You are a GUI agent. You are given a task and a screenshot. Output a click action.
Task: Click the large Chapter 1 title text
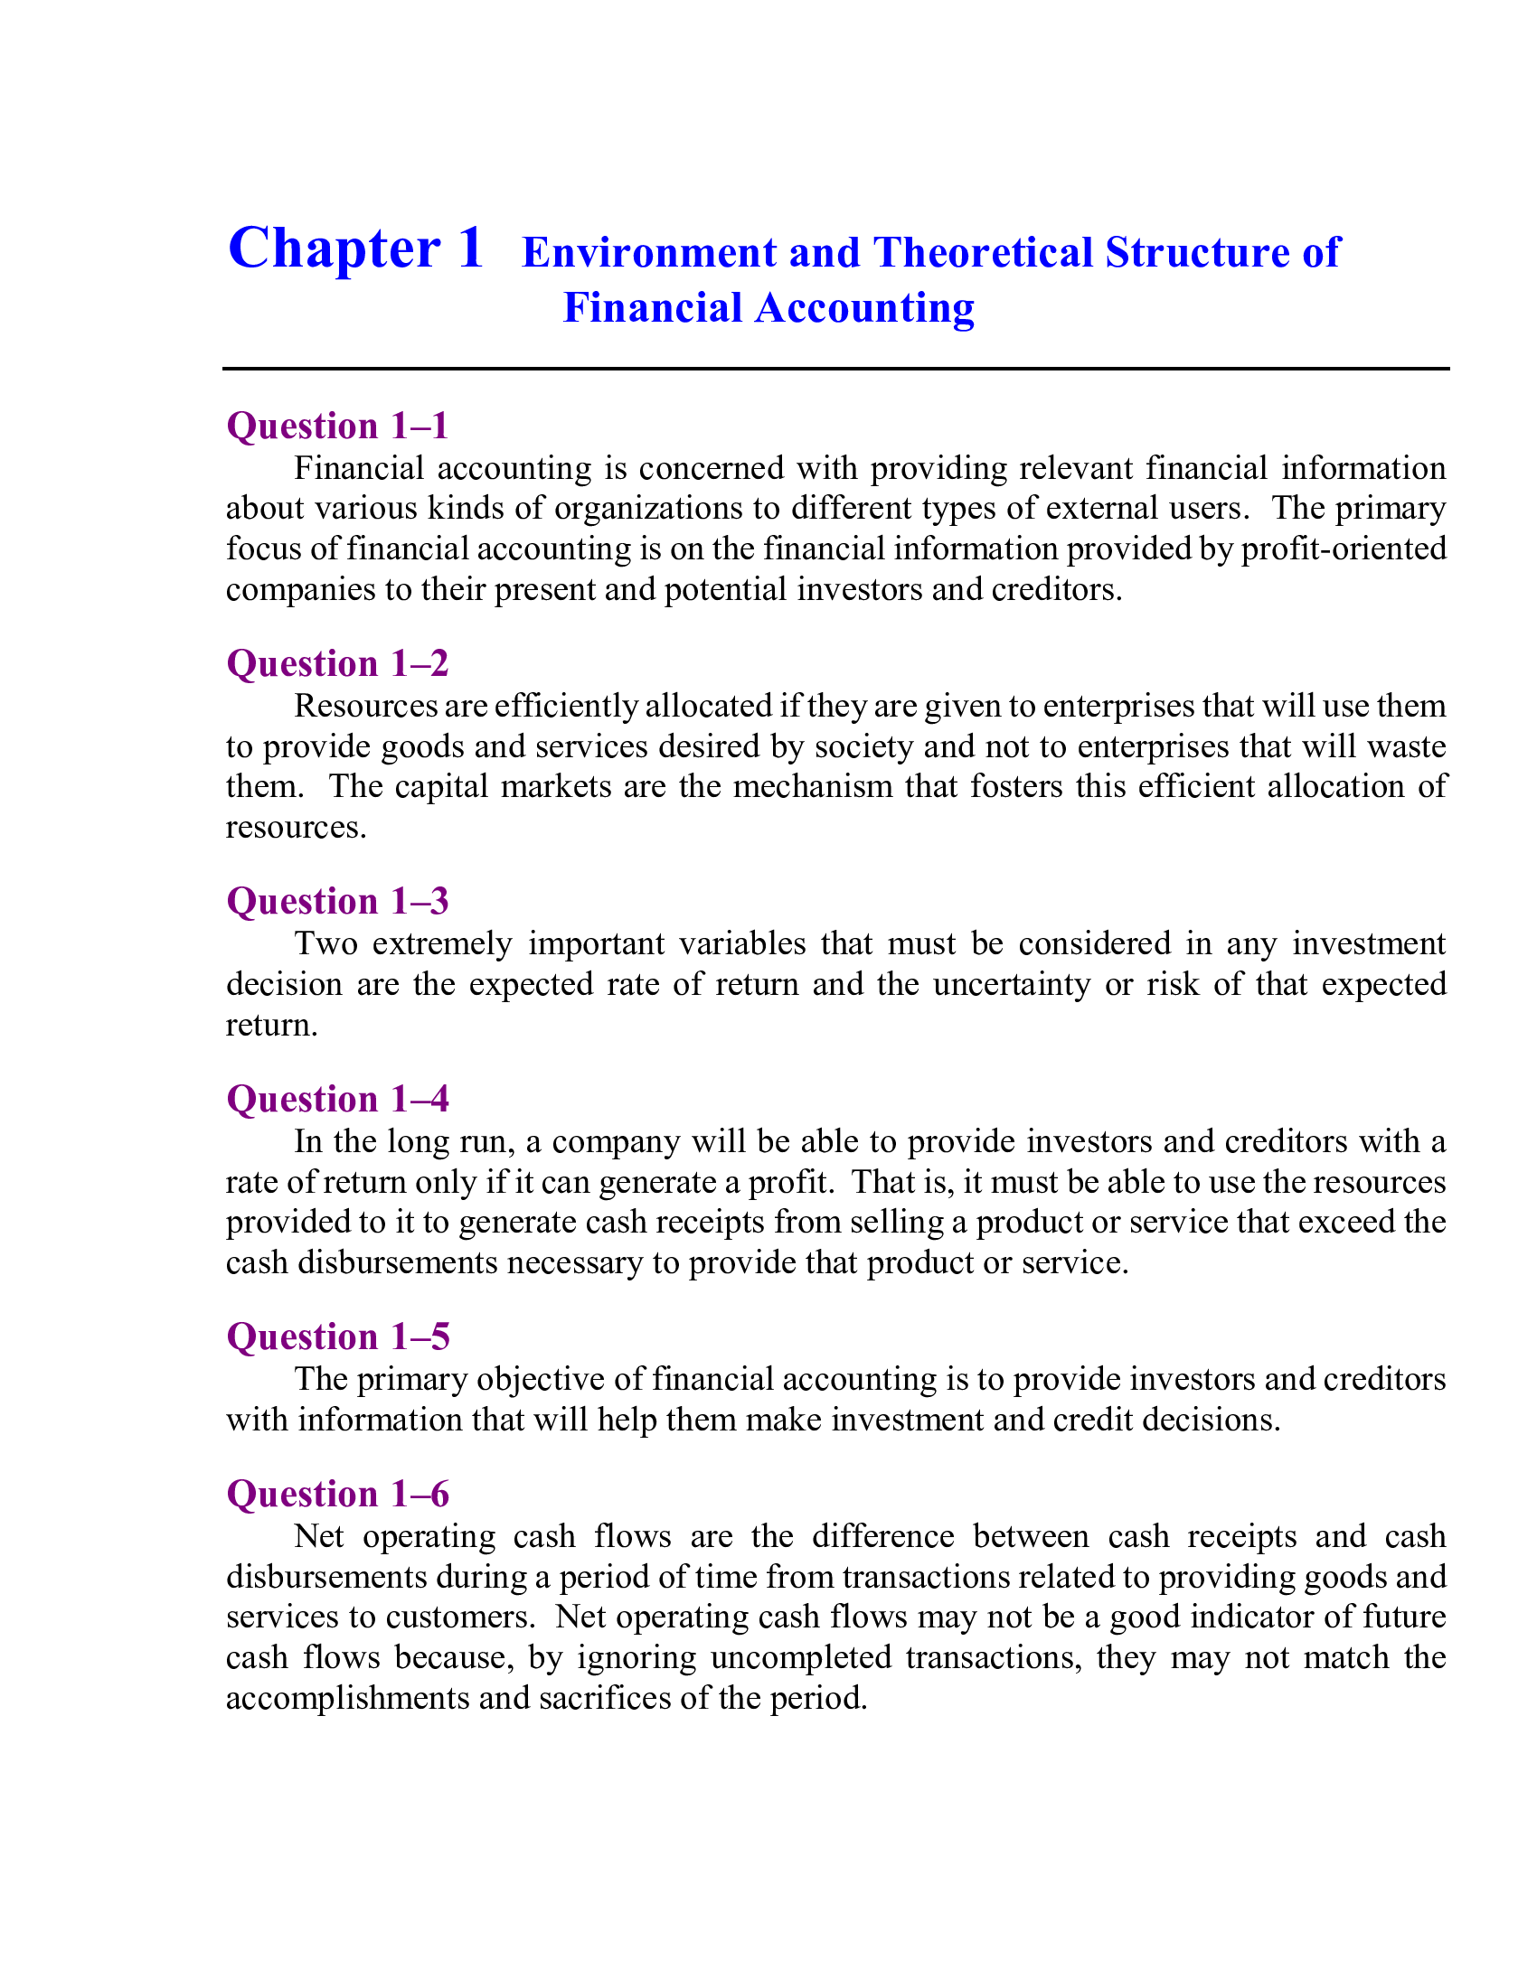tap(355, 248)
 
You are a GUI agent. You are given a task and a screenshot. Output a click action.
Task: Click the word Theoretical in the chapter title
tap(983, 252)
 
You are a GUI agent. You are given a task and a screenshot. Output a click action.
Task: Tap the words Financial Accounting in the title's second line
tap(768, 307)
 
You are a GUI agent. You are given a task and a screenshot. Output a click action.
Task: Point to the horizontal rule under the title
tap(835, 369)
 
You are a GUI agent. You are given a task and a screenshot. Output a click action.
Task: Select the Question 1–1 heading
tap(337, 426)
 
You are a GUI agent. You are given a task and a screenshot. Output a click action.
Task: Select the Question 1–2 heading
tap(337, 663)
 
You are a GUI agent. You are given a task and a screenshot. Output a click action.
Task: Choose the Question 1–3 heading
tap(337, 901)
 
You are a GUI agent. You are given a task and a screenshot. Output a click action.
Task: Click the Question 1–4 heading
tap(337, 1099)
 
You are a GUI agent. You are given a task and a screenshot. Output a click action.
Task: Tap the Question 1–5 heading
tap(337, 1336)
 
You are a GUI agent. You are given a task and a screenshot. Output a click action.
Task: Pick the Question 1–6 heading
tap(337, 1494)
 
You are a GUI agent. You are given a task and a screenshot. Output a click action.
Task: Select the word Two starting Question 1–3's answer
tap(325, 944)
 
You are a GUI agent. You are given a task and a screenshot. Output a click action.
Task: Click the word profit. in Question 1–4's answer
tap(789, 1182)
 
